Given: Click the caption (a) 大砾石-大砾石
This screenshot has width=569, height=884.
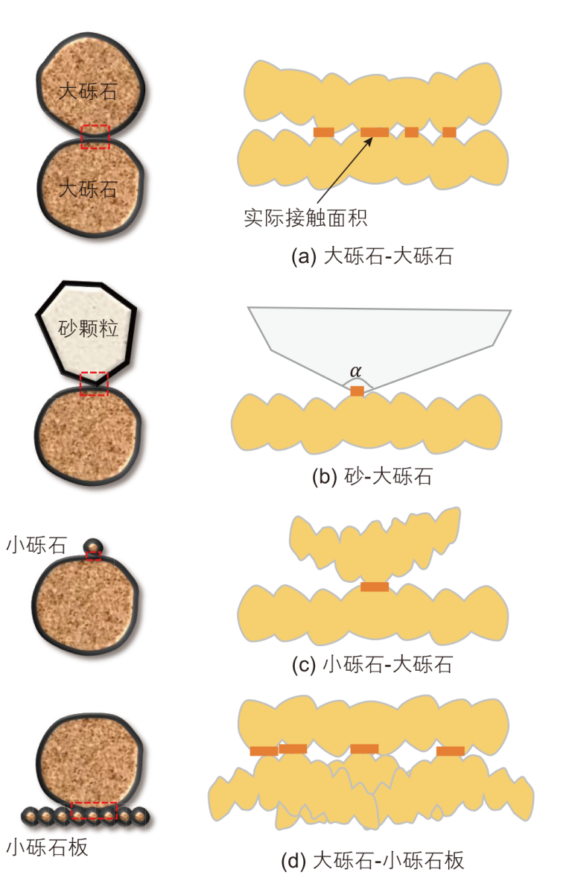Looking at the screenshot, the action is tap(372, 256).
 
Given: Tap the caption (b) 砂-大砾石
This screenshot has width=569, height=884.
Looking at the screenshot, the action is tap(372, 477).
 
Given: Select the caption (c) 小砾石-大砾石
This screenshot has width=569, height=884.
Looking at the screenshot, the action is tap(372, 665).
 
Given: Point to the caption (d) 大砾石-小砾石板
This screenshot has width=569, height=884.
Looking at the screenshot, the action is tap(372, 860).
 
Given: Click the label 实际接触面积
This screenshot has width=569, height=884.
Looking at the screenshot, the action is tap(305, 218).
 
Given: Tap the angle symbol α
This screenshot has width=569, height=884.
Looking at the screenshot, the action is tap(355, 371).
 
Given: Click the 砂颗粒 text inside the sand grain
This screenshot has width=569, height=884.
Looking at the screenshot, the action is tap(89, 328).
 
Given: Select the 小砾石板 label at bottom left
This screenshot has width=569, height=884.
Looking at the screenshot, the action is tap(48, 847).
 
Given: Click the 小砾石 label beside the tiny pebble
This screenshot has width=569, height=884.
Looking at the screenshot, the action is tap(36, 545).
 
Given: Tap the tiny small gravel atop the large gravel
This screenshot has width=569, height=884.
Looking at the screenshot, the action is tap(93, 546).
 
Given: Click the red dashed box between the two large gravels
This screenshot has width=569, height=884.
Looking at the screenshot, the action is tap(95, 137).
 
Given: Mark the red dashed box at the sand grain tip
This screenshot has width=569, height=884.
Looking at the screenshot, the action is tap(94, 384).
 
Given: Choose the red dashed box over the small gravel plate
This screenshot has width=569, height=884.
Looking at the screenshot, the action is tap(94, 811).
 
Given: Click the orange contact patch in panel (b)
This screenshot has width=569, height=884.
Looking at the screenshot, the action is tap(357, 391).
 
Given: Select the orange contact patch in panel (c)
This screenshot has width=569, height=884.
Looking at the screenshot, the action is tap(375, 587).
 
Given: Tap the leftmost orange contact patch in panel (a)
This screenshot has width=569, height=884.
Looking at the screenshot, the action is tap(324, 133).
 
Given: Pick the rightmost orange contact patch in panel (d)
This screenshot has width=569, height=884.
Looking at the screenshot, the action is tap(451, 751).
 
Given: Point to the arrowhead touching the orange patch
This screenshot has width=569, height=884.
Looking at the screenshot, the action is tap(369, 140).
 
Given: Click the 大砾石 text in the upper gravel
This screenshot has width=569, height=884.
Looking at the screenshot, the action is tap(89, 91).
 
